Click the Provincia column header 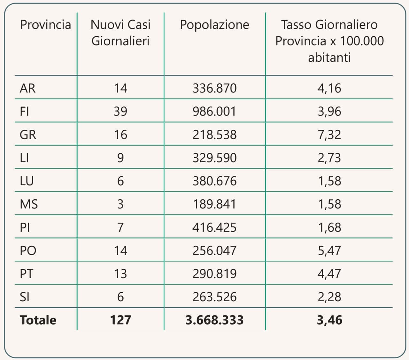(45, 25)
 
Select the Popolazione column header (214, 25)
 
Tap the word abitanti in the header (329, 57)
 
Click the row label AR (27, 88)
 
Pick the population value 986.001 (214, 111)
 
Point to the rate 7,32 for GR (329, 134)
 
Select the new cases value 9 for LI (120, 158)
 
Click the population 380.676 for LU (214, 181)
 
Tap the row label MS (29, 204)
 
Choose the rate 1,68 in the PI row (329, 227)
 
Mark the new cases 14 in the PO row (120, 250)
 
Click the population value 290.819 (214, 274)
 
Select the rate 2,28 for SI (329, 297)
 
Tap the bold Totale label (38, 320)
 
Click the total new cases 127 (120, 320)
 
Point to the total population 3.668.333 (214, 320)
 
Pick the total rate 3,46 (329, 320)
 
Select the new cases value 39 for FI (120, 111)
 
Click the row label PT (27, 274)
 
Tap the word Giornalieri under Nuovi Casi (120, 41)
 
